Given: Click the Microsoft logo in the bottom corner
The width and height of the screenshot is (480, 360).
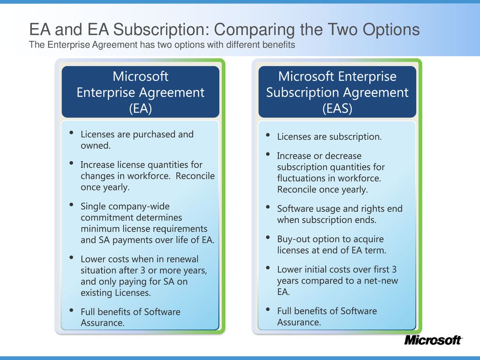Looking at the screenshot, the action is (433, 340).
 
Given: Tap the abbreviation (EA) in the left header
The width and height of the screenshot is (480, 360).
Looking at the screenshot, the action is (141, 108).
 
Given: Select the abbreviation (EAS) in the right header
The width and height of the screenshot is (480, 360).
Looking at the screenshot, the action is (337, 108).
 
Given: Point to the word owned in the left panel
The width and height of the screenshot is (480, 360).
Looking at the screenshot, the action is (96, 145).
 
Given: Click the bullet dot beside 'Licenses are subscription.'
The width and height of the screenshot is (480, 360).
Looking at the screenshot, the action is (268, 135).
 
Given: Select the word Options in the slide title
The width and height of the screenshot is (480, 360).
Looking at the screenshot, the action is (391, 30).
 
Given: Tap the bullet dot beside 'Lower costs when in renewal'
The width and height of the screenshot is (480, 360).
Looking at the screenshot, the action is (71, 257).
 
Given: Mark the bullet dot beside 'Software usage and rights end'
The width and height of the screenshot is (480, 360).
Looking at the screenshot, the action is (268, 207).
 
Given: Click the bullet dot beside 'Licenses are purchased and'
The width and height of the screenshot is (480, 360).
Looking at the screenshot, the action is (71, 133).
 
